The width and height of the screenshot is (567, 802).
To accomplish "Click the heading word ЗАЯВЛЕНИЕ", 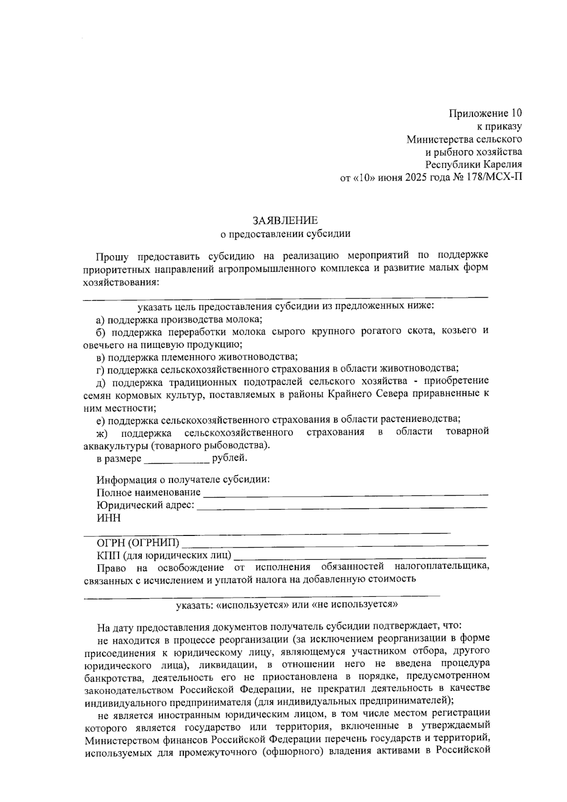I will (285, 221).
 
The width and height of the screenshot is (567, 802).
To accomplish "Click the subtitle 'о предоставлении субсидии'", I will (286, 233).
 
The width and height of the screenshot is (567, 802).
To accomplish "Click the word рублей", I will (230, 458).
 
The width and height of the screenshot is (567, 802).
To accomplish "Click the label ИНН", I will (109, 518).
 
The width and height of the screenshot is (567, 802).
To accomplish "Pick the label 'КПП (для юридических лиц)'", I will (164, 555).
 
